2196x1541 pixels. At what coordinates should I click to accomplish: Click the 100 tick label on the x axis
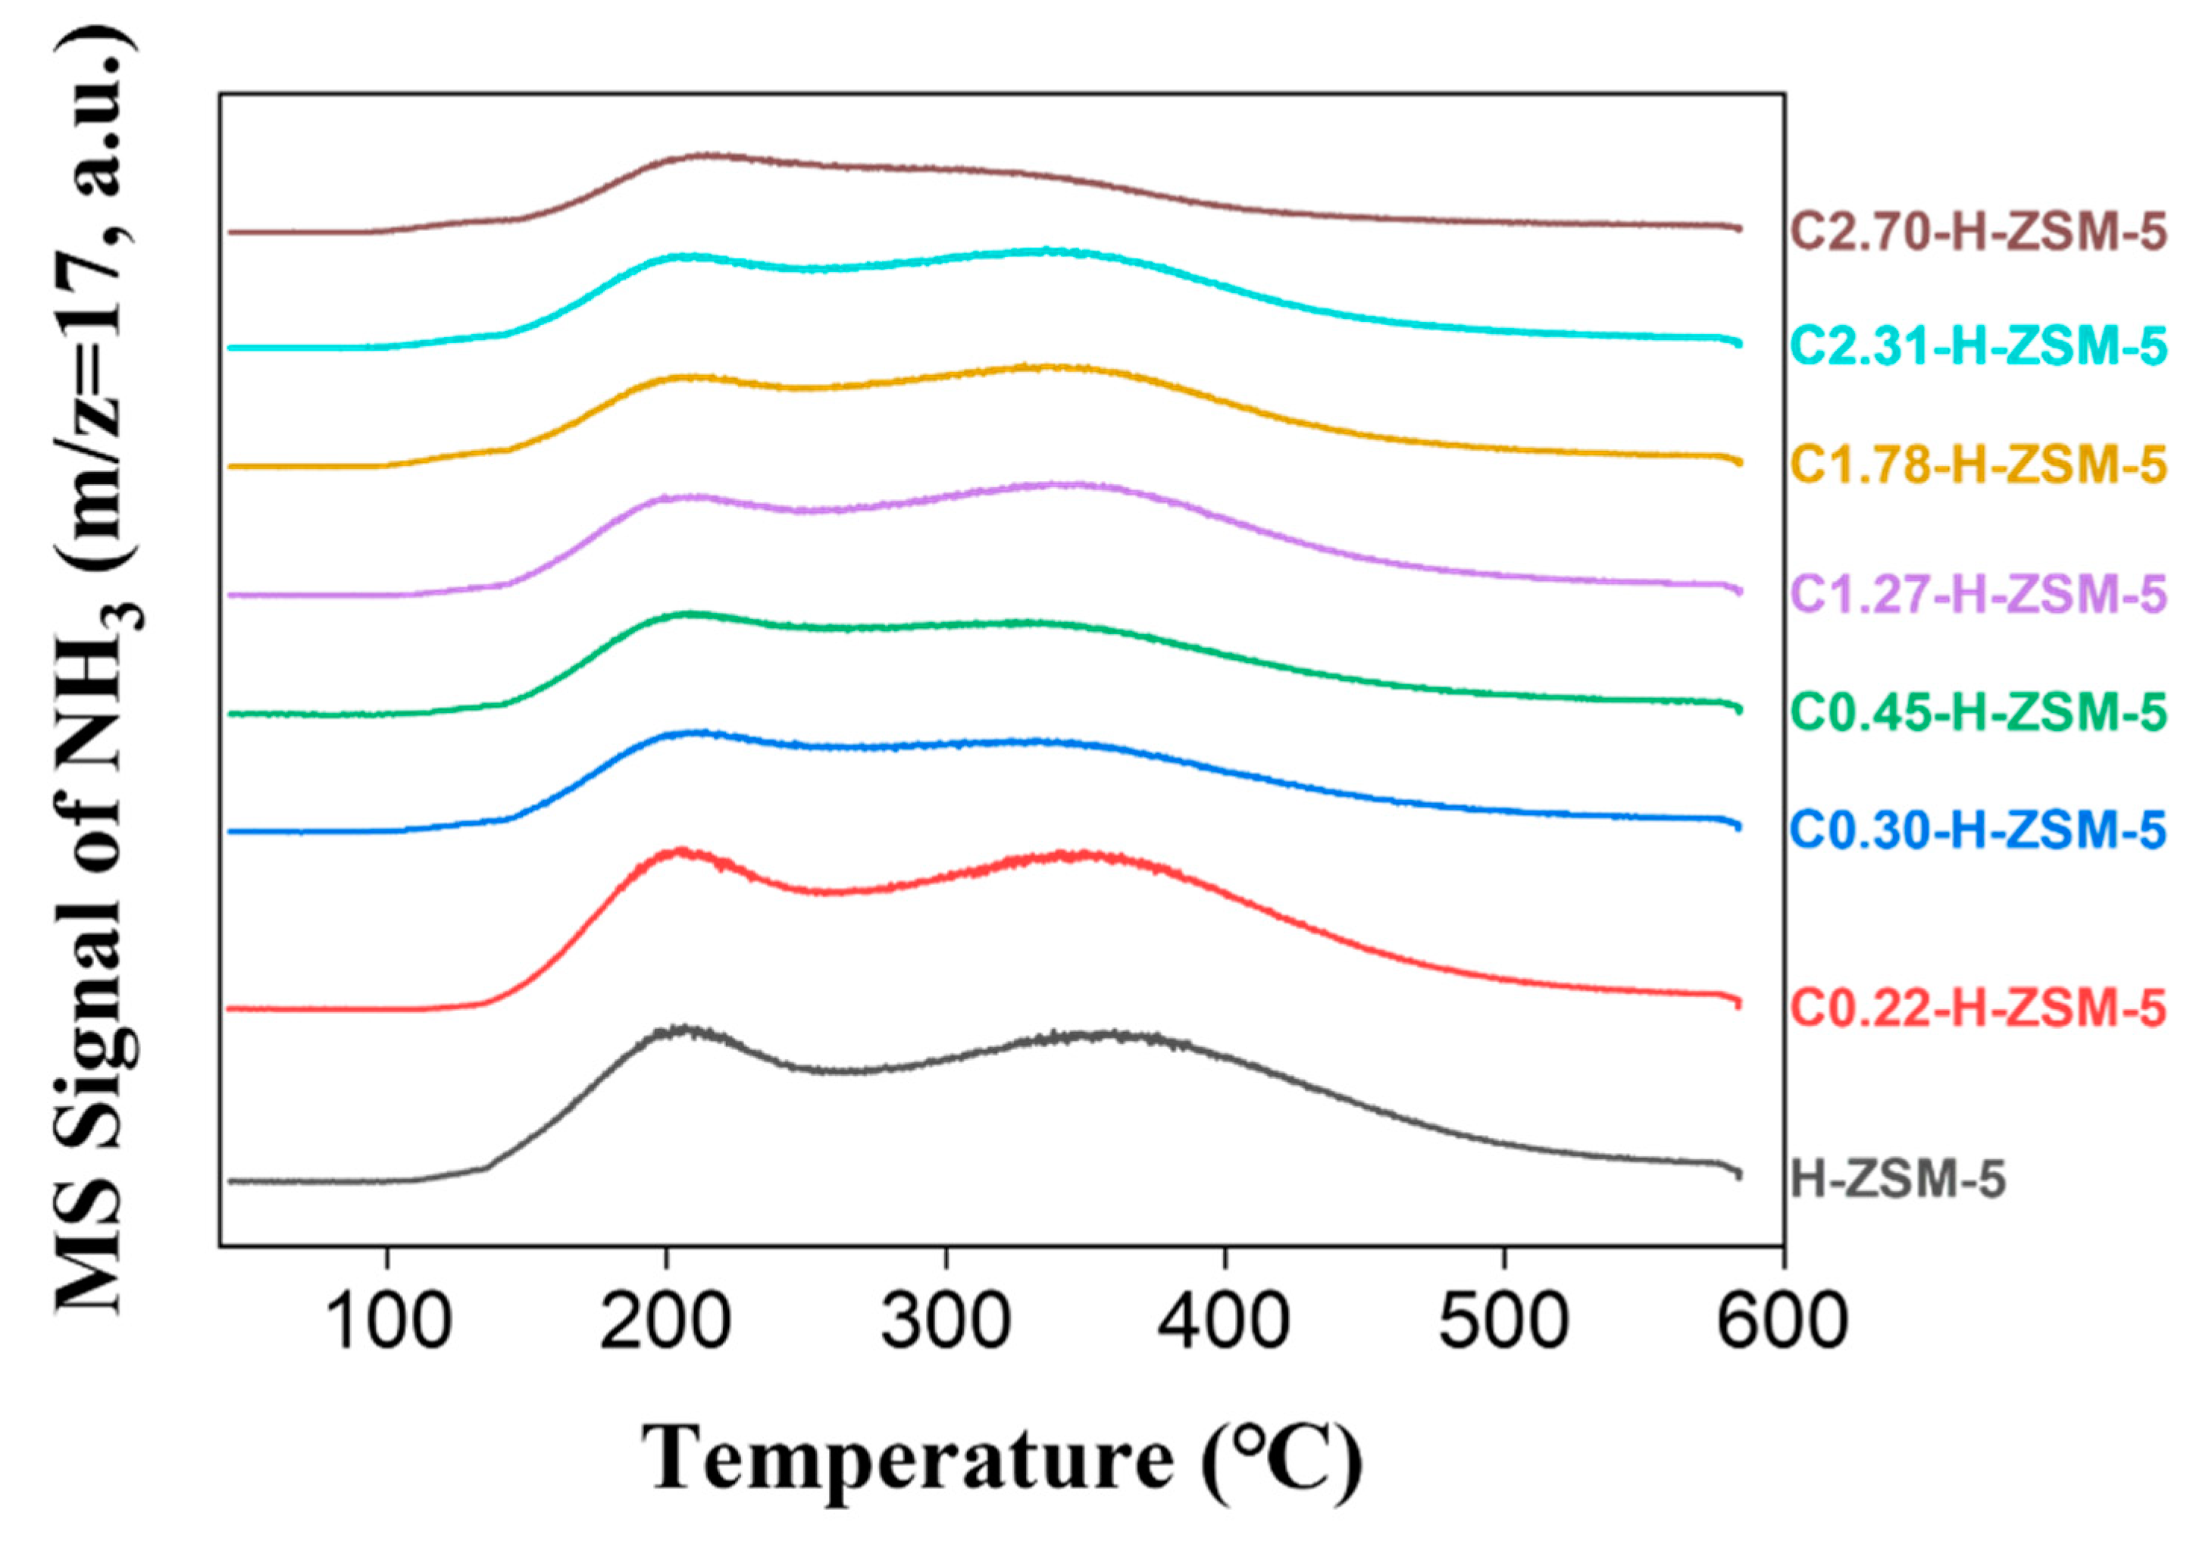(x=387, y=1323)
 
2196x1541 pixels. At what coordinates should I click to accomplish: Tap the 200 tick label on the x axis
(x=665, y=1323)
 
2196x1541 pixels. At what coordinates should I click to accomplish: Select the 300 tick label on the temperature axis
(x=946, y=1323)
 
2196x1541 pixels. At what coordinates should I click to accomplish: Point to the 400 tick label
(x=1225, y=1323)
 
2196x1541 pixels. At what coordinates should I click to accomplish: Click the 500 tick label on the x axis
(x=1503, y=1323)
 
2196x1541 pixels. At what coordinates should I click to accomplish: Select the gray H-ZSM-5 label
(x=1897, y=1180)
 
